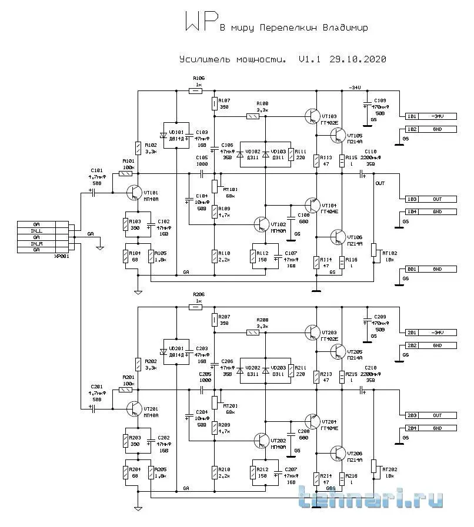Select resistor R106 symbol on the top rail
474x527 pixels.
click(x=195, y=90)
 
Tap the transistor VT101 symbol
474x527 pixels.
click(x=135, y=193)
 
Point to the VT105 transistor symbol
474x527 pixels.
click(x=338, y=136)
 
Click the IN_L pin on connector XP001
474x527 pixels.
click(x=36, y=231)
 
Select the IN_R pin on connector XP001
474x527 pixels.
click(x=36, y=243)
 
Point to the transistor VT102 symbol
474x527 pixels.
click(x=261, y=224)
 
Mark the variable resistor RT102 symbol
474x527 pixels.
click(x=373, y=251)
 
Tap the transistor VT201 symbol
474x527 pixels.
click(x=135, y=409)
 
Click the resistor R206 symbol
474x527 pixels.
click(x=195, y=307)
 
